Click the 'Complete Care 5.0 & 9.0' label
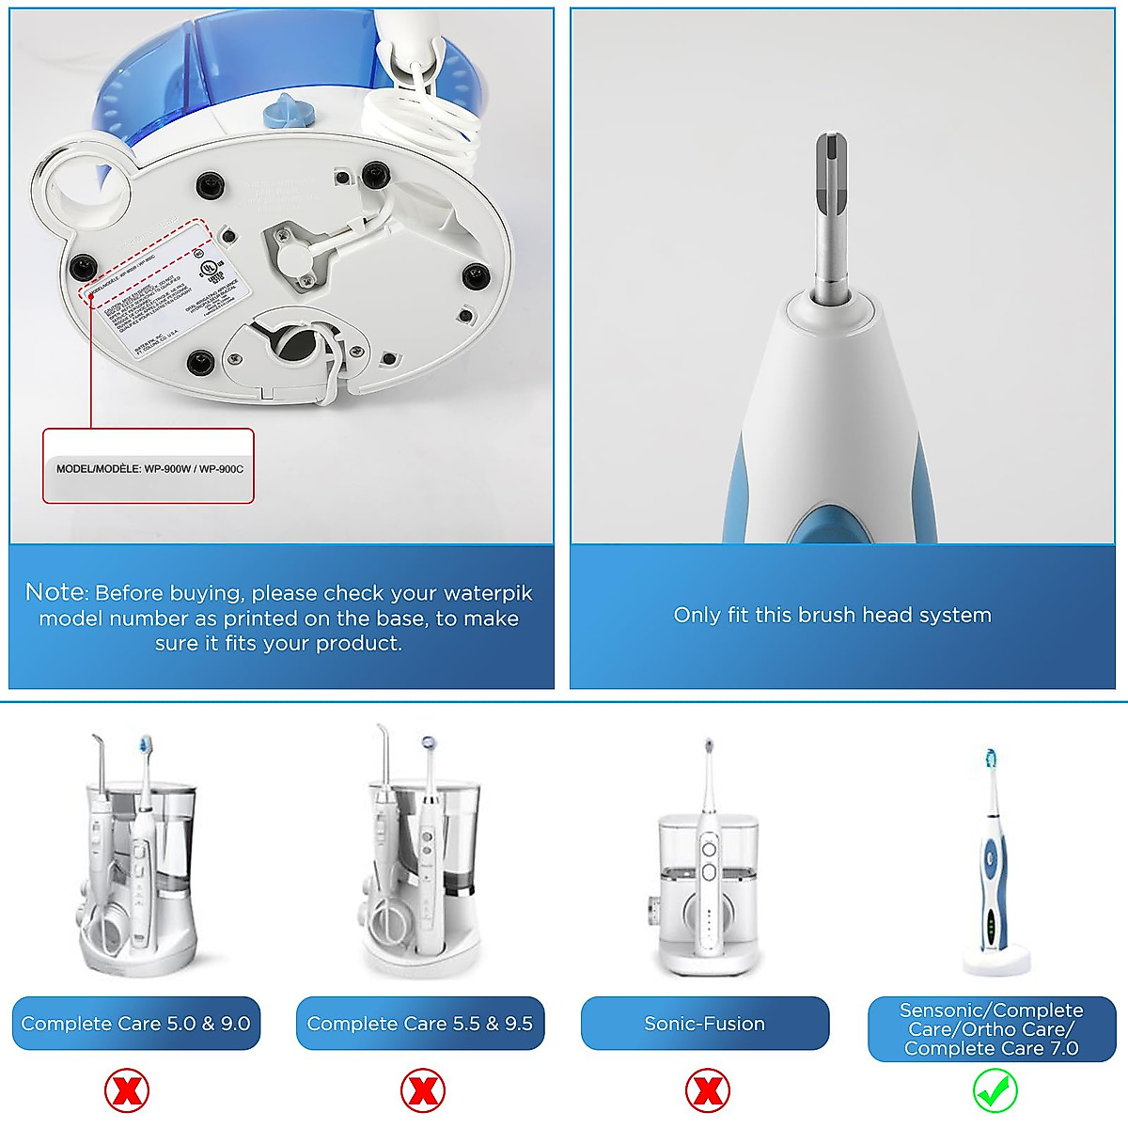click(135, 1024)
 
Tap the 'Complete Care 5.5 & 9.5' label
click(419, 1024)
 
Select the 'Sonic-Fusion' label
click(704, 1024)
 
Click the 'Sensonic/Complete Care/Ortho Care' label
click(991, 1029)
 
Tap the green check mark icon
click(995, 1091)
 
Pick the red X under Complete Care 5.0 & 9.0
click(127, 1091)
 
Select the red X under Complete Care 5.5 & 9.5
click(422, 1091)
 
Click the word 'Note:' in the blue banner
click(56, 592)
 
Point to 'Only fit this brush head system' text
click(832, 615)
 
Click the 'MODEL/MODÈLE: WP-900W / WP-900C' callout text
click(149, 468)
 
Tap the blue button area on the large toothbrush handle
click(827, 525)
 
